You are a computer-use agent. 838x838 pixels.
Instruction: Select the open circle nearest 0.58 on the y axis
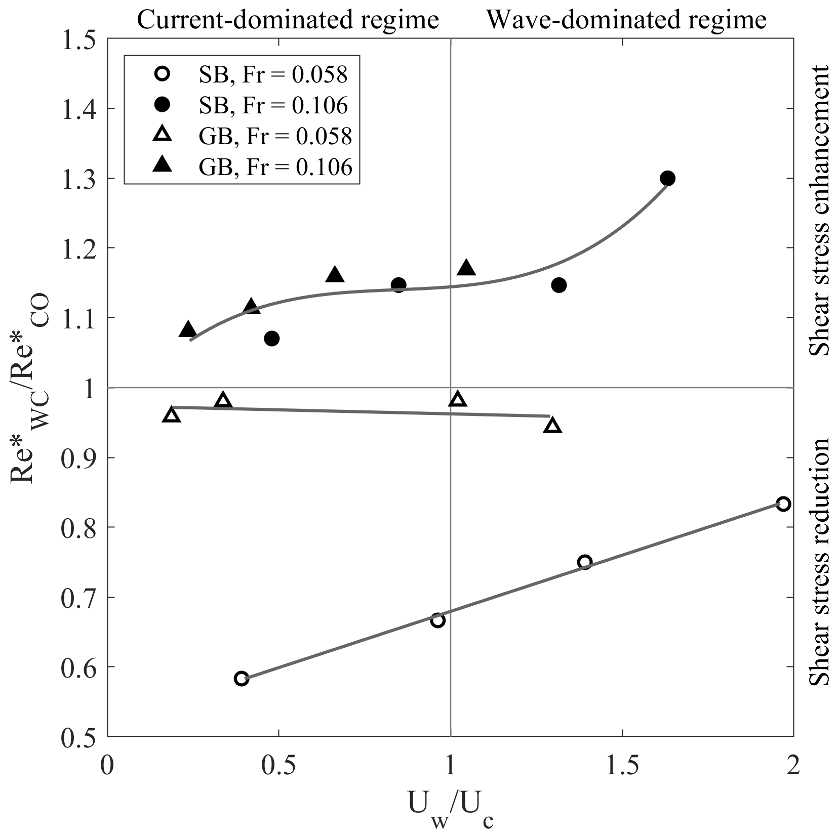(242, 679)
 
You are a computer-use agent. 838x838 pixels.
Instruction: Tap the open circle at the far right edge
(783, 504)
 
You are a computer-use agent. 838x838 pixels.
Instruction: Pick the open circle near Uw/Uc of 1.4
(585, 562)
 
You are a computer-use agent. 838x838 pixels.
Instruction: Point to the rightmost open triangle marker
(552, 426)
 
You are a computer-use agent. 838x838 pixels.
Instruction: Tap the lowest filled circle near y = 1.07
(272, 339)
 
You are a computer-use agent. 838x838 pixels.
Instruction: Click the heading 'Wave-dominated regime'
(626, 20)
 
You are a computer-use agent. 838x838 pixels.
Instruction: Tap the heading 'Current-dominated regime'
(288, 20)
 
